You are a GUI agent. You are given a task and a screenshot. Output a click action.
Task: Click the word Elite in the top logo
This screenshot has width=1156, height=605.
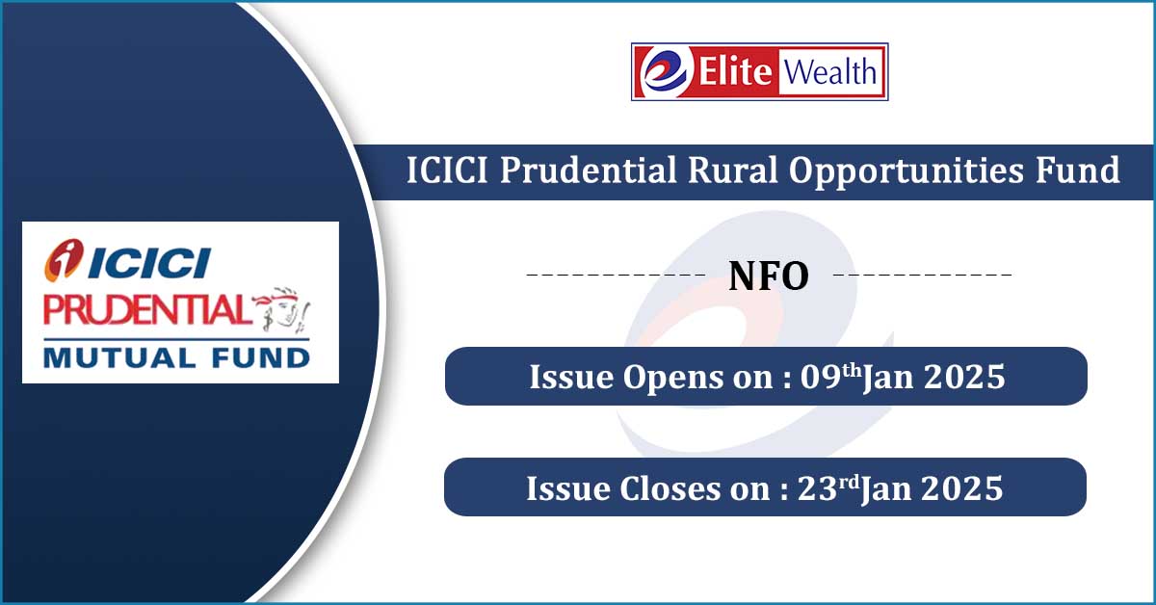click(735, 71)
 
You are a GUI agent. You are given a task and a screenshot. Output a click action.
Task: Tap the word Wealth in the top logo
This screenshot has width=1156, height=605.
click(830, 71)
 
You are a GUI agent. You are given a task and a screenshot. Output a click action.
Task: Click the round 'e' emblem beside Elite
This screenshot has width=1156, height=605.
click(667, 71)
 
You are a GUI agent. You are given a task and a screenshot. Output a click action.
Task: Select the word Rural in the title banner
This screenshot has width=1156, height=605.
click(733, 170)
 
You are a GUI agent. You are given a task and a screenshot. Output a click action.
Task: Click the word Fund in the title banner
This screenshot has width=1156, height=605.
click(1078, 170)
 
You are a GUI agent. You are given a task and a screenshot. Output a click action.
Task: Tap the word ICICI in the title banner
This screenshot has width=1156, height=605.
click(447, 170)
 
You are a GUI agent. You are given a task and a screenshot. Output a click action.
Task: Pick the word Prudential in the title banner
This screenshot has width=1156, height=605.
click(589, 170)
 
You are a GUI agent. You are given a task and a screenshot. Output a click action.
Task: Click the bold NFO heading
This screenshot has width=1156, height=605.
click(769, 276)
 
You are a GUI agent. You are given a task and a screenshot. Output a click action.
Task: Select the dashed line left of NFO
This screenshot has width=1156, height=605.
click(616, 275)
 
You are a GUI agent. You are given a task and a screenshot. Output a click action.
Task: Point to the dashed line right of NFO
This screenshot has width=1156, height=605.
click(922, 275)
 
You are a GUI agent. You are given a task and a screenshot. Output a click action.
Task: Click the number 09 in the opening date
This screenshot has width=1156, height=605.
click(821, 377)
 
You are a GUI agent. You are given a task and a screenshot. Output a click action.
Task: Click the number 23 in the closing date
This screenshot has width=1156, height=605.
click(818, 487)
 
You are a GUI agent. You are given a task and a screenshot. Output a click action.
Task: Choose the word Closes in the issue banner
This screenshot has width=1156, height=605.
click(670, 487)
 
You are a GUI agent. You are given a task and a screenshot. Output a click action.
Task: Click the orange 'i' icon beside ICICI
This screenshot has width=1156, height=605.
click(64, 260)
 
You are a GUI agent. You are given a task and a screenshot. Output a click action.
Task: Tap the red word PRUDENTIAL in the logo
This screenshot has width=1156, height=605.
click(144, 309)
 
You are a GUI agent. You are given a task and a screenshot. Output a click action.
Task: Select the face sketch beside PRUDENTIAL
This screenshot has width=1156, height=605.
click(282, 309)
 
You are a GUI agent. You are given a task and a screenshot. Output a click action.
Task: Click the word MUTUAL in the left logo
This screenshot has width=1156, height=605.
click(119, 357)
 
